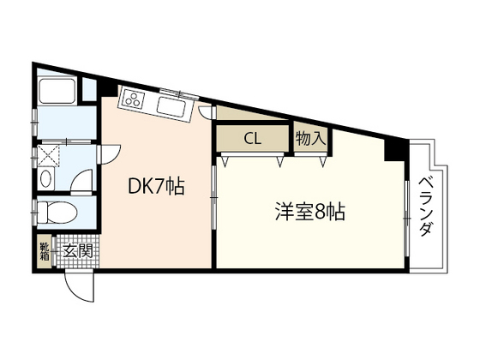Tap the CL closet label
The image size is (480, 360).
tap(252, 138)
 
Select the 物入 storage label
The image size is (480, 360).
tap(309, 137)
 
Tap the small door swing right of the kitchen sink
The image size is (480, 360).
tap(205, 111)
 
